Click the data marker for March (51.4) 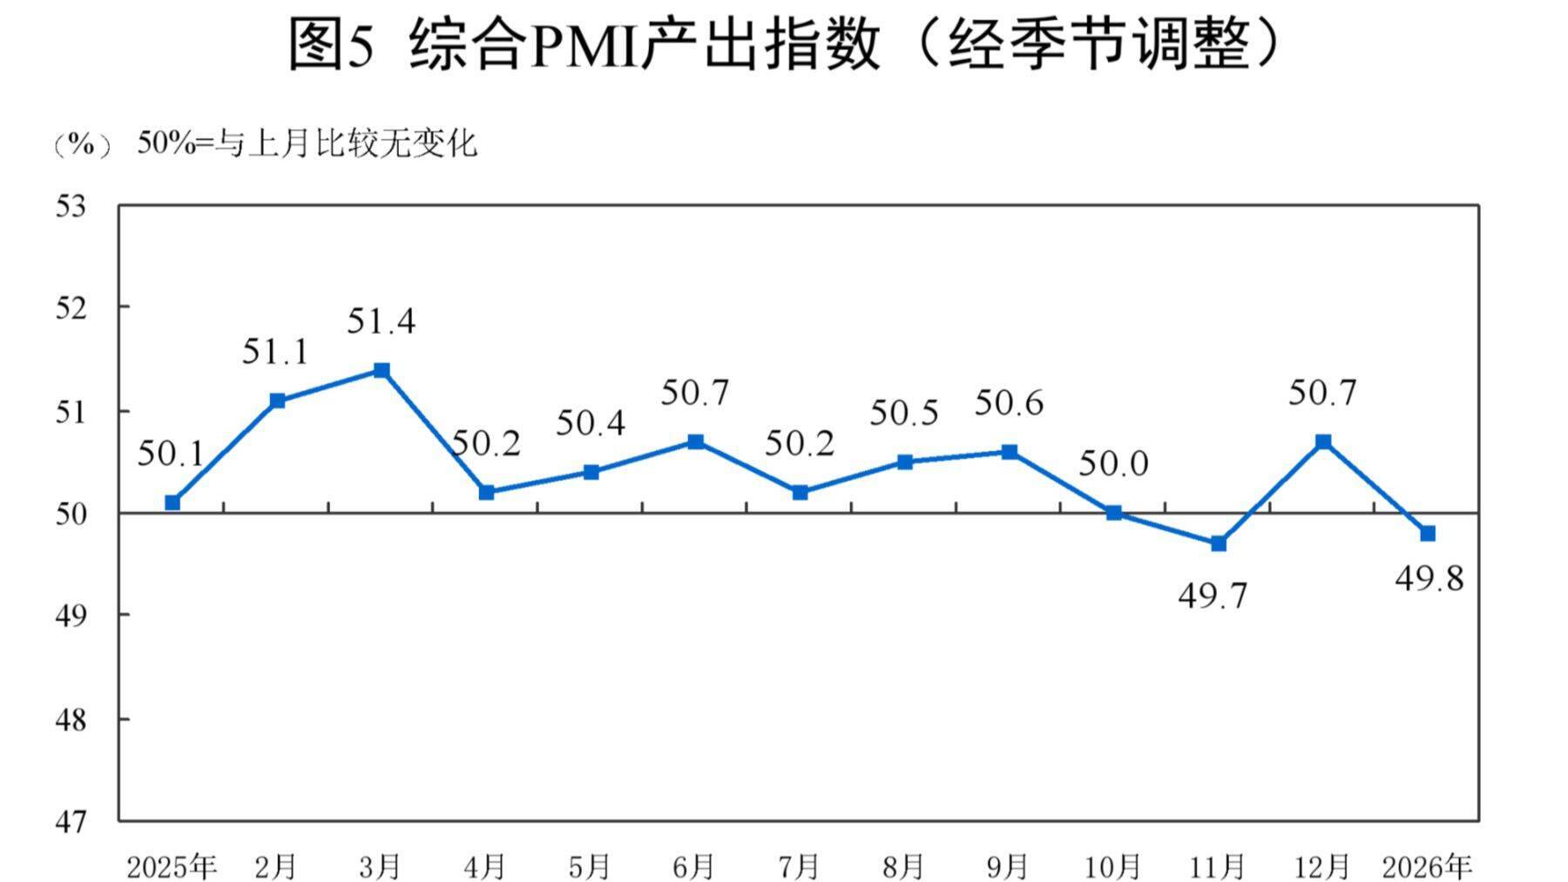(x=382, y=370)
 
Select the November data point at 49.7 (x=1219, y=543)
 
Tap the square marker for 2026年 (x=1428, y=533)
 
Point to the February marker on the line (x=277, y=401)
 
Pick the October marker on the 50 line (x=1114, y=513)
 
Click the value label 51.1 (x=275, y=352)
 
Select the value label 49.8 (x=1429, y=578)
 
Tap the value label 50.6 (x=1009, y=403)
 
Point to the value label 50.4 (x=591, y=423)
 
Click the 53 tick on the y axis (x=71, y=207)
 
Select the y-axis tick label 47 (x=71, y=821)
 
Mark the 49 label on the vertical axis (x=71, y=616)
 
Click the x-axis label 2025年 (x=172, y=867)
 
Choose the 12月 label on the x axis (x=1322, y=867)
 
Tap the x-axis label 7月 (x=799, y=867)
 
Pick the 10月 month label (x=1113, y=867)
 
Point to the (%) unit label (x=82, y=145)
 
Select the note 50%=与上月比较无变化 (x=307, y=144)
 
